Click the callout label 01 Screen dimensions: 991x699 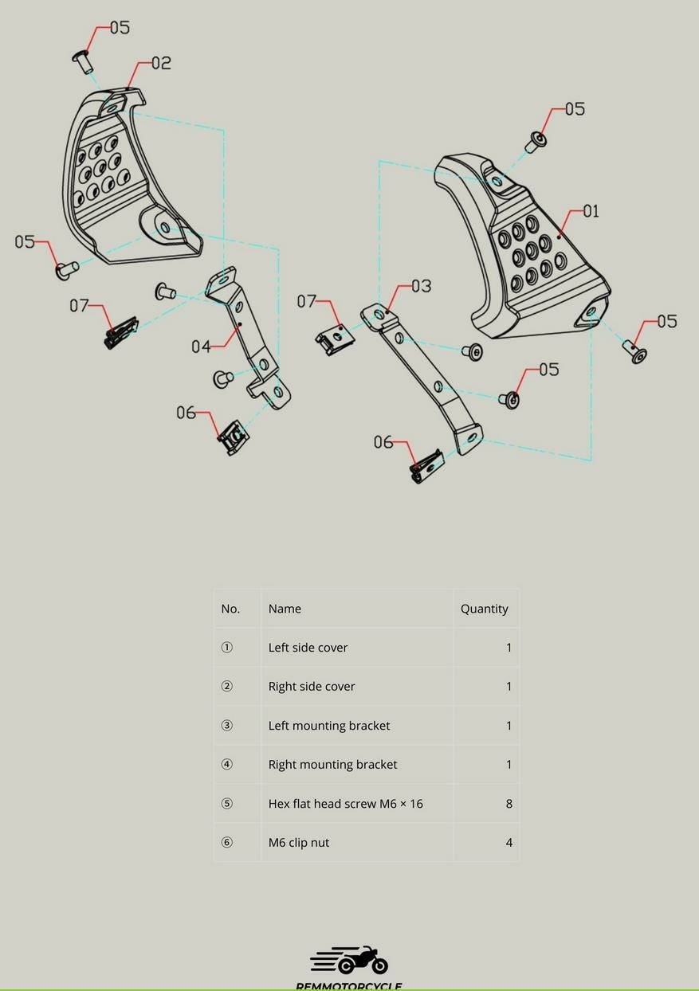click(591, 211)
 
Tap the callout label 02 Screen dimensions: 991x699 click(161, 63)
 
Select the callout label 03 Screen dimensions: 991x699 click(421, 286)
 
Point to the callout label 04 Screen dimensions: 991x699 click(201, 347)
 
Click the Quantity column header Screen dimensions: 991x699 click(484, 609)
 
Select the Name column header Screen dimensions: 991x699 click(285, 609)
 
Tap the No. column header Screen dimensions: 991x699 click(230, 609)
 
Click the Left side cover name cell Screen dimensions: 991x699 click(308, 648)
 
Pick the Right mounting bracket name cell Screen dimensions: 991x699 click(332, 765)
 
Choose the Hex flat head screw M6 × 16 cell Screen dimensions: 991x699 click(345, 804)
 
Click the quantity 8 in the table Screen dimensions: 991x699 click(509, 804)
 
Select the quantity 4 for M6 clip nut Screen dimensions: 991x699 click(509, 843)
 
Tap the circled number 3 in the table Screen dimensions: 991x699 click(227, 726)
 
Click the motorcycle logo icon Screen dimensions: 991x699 click(349, 961)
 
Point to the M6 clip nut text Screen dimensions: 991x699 click(298, 843)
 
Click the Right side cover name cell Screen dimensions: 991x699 click(312, 687)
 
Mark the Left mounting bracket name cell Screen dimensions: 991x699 click(329, 726)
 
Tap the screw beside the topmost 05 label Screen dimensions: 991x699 click(82, 60)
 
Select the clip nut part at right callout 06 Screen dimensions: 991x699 click(426, 467)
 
